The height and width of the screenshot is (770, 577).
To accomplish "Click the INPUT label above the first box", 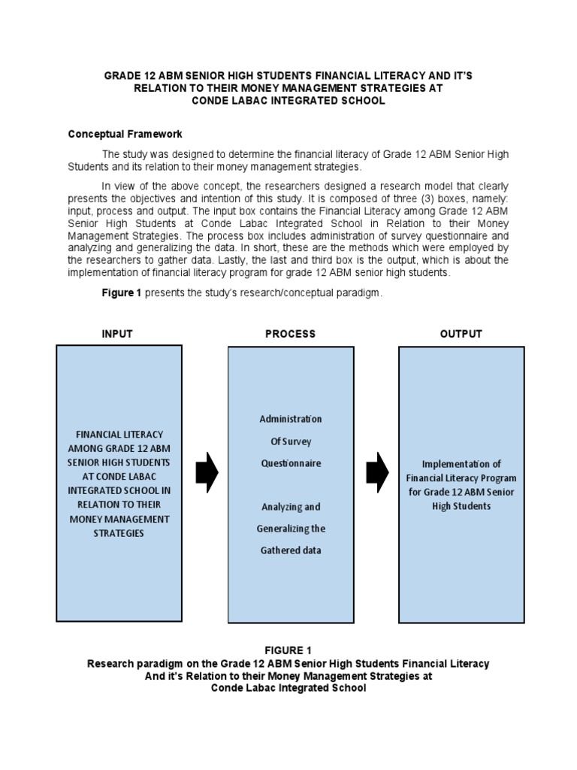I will (116, 334).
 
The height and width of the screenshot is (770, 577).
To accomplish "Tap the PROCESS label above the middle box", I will (290, 334).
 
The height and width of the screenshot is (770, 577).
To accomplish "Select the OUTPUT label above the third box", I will (461, 334).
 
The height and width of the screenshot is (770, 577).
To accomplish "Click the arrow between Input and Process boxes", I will (207, 472).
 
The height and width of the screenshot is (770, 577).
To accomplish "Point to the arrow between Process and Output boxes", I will (377, 472).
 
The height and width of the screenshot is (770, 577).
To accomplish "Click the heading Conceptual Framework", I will (125, 135).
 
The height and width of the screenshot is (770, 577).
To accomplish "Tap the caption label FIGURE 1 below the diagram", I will (288, 650).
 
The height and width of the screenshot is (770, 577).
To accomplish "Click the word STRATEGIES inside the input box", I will (119, 533).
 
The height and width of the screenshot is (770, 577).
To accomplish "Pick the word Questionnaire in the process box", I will (290, 463).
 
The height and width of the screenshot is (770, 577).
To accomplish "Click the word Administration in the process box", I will (290, 419).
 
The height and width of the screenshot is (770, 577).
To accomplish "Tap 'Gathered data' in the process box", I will (290, 550).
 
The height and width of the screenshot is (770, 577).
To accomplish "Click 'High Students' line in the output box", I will (461, 506).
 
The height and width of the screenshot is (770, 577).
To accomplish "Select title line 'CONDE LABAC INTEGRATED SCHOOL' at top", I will (288, 101).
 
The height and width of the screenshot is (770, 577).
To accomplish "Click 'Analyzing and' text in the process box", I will (290, 507).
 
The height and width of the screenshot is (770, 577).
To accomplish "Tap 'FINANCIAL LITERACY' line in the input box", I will (119, 435).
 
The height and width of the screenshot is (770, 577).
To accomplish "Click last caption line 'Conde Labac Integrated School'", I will (288, 689).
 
